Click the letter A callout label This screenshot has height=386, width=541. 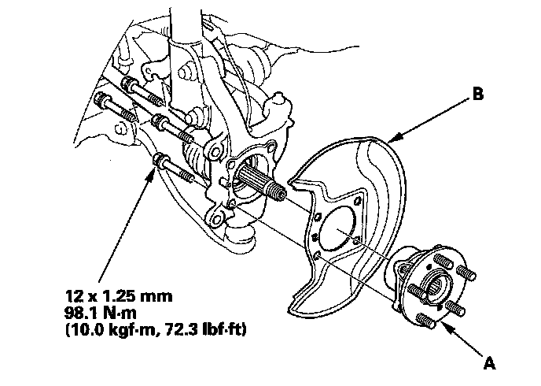click(x=490, y=363)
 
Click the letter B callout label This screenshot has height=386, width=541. click(x=478, y=94)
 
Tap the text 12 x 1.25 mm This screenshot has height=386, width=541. click(x=119, y=296)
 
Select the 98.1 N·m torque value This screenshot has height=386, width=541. click(x=101, y=313)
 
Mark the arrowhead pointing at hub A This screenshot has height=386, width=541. click(x=447, y=327)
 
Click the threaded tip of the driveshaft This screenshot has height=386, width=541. click(x=278, y=191)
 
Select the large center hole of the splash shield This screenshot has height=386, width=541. click(x=337, y=228)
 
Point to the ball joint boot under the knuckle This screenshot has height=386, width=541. click(x=241, y=237)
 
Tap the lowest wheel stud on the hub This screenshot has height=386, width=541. click(x=425, y=321)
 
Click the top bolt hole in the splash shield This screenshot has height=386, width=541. click(x=357, y=200)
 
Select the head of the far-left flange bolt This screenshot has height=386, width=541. click(x=101, y=99)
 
